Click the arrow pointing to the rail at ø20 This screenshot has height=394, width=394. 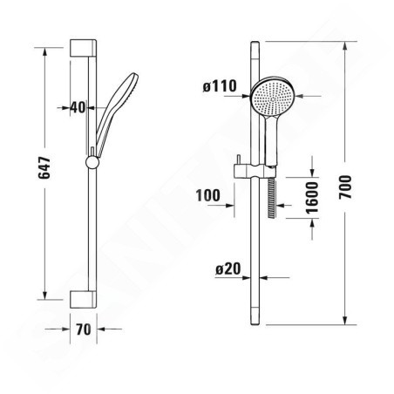click(268, 277)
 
